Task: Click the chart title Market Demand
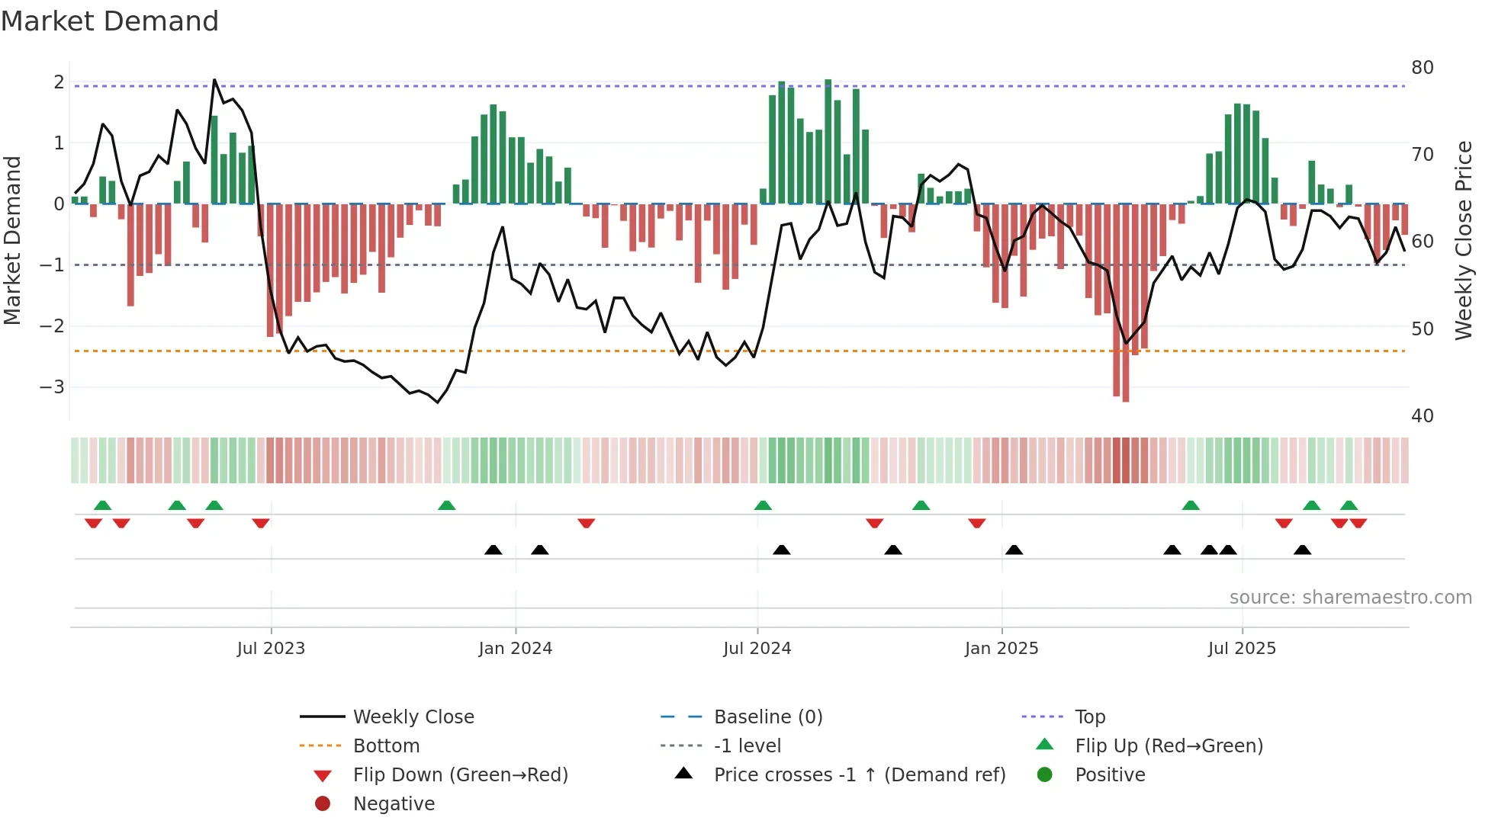[x=110, y=21]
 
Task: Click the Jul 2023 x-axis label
[x=271, y=649]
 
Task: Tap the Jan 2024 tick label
[x=515, y=649]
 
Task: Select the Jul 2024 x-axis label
[x=757, y=649]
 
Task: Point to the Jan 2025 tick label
[x=1001, y=649]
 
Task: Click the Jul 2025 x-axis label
[x=1242, y=649]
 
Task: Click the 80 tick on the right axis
[x=1422, y=68]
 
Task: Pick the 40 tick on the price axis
[x=1422, y=416]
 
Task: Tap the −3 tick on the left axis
[x=53, y=387]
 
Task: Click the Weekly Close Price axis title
[x=1463, y=240]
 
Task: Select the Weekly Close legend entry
[x=413, y=717]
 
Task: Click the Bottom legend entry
[x=386, y=746]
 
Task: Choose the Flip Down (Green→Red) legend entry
[x=460, y=775]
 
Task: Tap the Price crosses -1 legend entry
[x=859, y=775]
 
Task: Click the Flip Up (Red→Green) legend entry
[x=1169, y=746]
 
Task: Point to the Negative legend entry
[x=394, y=804]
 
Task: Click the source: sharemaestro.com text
[x=1350, y=598]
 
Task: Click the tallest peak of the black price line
[x=214, y=80]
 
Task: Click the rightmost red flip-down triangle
[x=1358, y=524]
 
